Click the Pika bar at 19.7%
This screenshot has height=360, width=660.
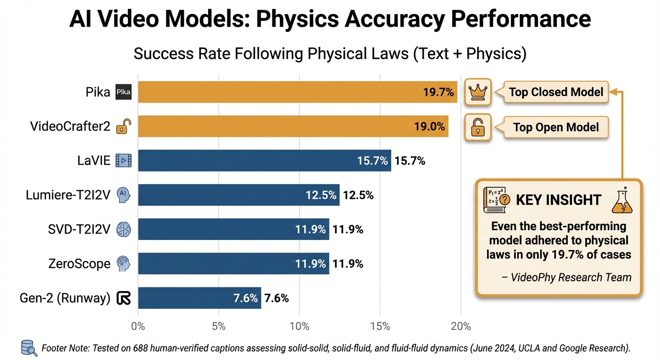297,92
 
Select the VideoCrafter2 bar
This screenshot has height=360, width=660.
293,126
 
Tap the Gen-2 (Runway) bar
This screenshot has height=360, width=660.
199,298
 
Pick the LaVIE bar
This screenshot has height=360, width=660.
264,161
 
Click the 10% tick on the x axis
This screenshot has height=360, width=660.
300,326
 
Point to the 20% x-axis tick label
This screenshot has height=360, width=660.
461,326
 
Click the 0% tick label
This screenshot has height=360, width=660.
138,326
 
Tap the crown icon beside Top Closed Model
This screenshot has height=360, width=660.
478,91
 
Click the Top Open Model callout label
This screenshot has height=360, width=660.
556,127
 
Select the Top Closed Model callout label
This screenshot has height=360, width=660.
556,92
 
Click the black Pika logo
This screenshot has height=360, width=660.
124,92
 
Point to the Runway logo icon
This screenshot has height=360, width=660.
124,298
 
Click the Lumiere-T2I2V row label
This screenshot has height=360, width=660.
68,195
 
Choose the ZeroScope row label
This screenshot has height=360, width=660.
79,264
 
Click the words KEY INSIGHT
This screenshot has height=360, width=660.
558,200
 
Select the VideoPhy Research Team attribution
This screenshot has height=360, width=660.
566,277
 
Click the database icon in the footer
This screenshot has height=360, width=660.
30,348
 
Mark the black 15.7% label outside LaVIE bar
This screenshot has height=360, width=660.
410,161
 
